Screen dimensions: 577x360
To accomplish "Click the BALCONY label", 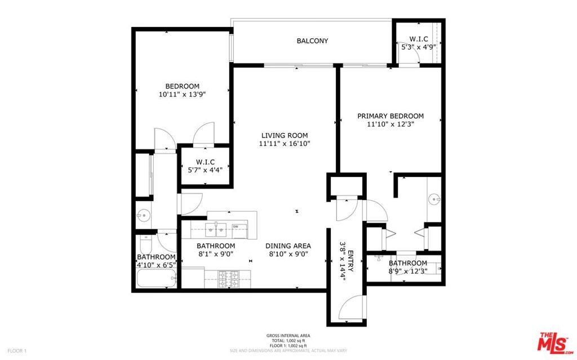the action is pos(312,41).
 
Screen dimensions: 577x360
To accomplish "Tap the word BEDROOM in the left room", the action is pos(182,87).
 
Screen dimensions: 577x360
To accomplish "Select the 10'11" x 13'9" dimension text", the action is pos(182,95).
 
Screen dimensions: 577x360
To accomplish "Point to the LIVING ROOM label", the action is pos(285,135).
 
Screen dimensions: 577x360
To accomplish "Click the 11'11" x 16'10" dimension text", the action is pos(285,144).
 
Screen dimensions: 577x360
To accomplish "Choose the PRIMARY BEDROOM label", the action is pos(390,116).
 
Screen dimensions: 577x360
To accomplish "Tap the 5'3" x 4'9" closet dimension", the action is pos(419,47).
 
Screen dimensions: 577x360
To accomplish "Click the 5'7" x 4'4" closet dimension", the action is pos(205,170).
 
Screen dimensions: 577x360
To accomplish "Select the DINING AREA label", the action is pos(288,246).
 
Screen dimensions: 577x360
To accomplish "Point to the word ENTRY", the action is pos(350,261).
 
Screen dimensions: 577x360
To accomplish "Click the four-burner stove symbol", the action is pos(228,279).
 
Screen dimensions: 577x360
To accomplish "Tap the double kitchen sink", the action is pos(216,230).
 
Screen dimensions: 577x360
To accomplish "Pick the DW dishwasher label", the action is pos(235,226).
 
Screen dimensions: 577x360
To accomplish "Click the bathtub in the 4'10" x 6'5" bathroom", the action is pos(157,279).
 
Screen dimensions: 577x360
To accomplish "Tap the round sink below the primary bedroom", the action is pos(434,200).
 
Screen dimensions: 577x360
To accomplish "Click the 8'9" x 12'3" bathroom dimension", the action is pos(408,272).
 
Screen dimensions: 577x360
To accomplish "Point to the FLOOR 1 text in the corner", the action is pos(17,351).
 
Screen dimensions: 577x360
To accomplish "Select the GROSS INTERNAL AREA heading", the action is pos(288,336).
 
